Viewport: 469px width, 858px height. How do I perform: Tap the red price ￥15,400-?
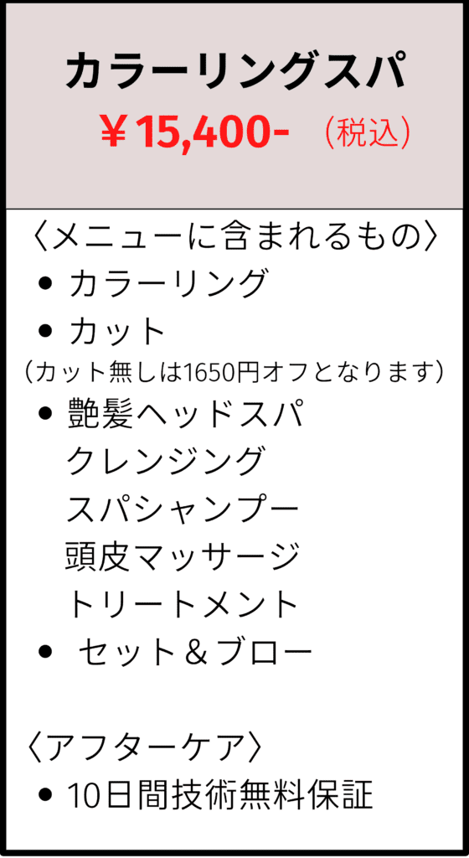point(194,134)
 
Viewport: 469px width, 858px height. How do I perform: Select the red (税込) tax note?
point(368,134)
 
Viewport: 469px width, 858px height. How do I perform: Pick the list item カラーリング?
point(167,283)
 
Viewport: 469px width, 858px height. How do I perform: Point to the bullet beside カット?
point(46,331)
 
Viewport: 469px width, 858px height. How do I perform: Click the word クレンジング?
point(166,461)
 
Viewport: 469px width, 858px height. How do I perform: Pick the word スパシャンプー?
point(183,508)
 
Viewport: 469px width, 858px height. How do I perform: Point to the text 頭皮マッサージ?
point(183,556)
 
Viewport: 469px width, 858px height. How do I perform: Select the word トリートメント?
point(183,603)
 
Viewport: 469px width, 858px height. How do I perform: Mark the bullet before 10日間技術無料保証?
point(46,794)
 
